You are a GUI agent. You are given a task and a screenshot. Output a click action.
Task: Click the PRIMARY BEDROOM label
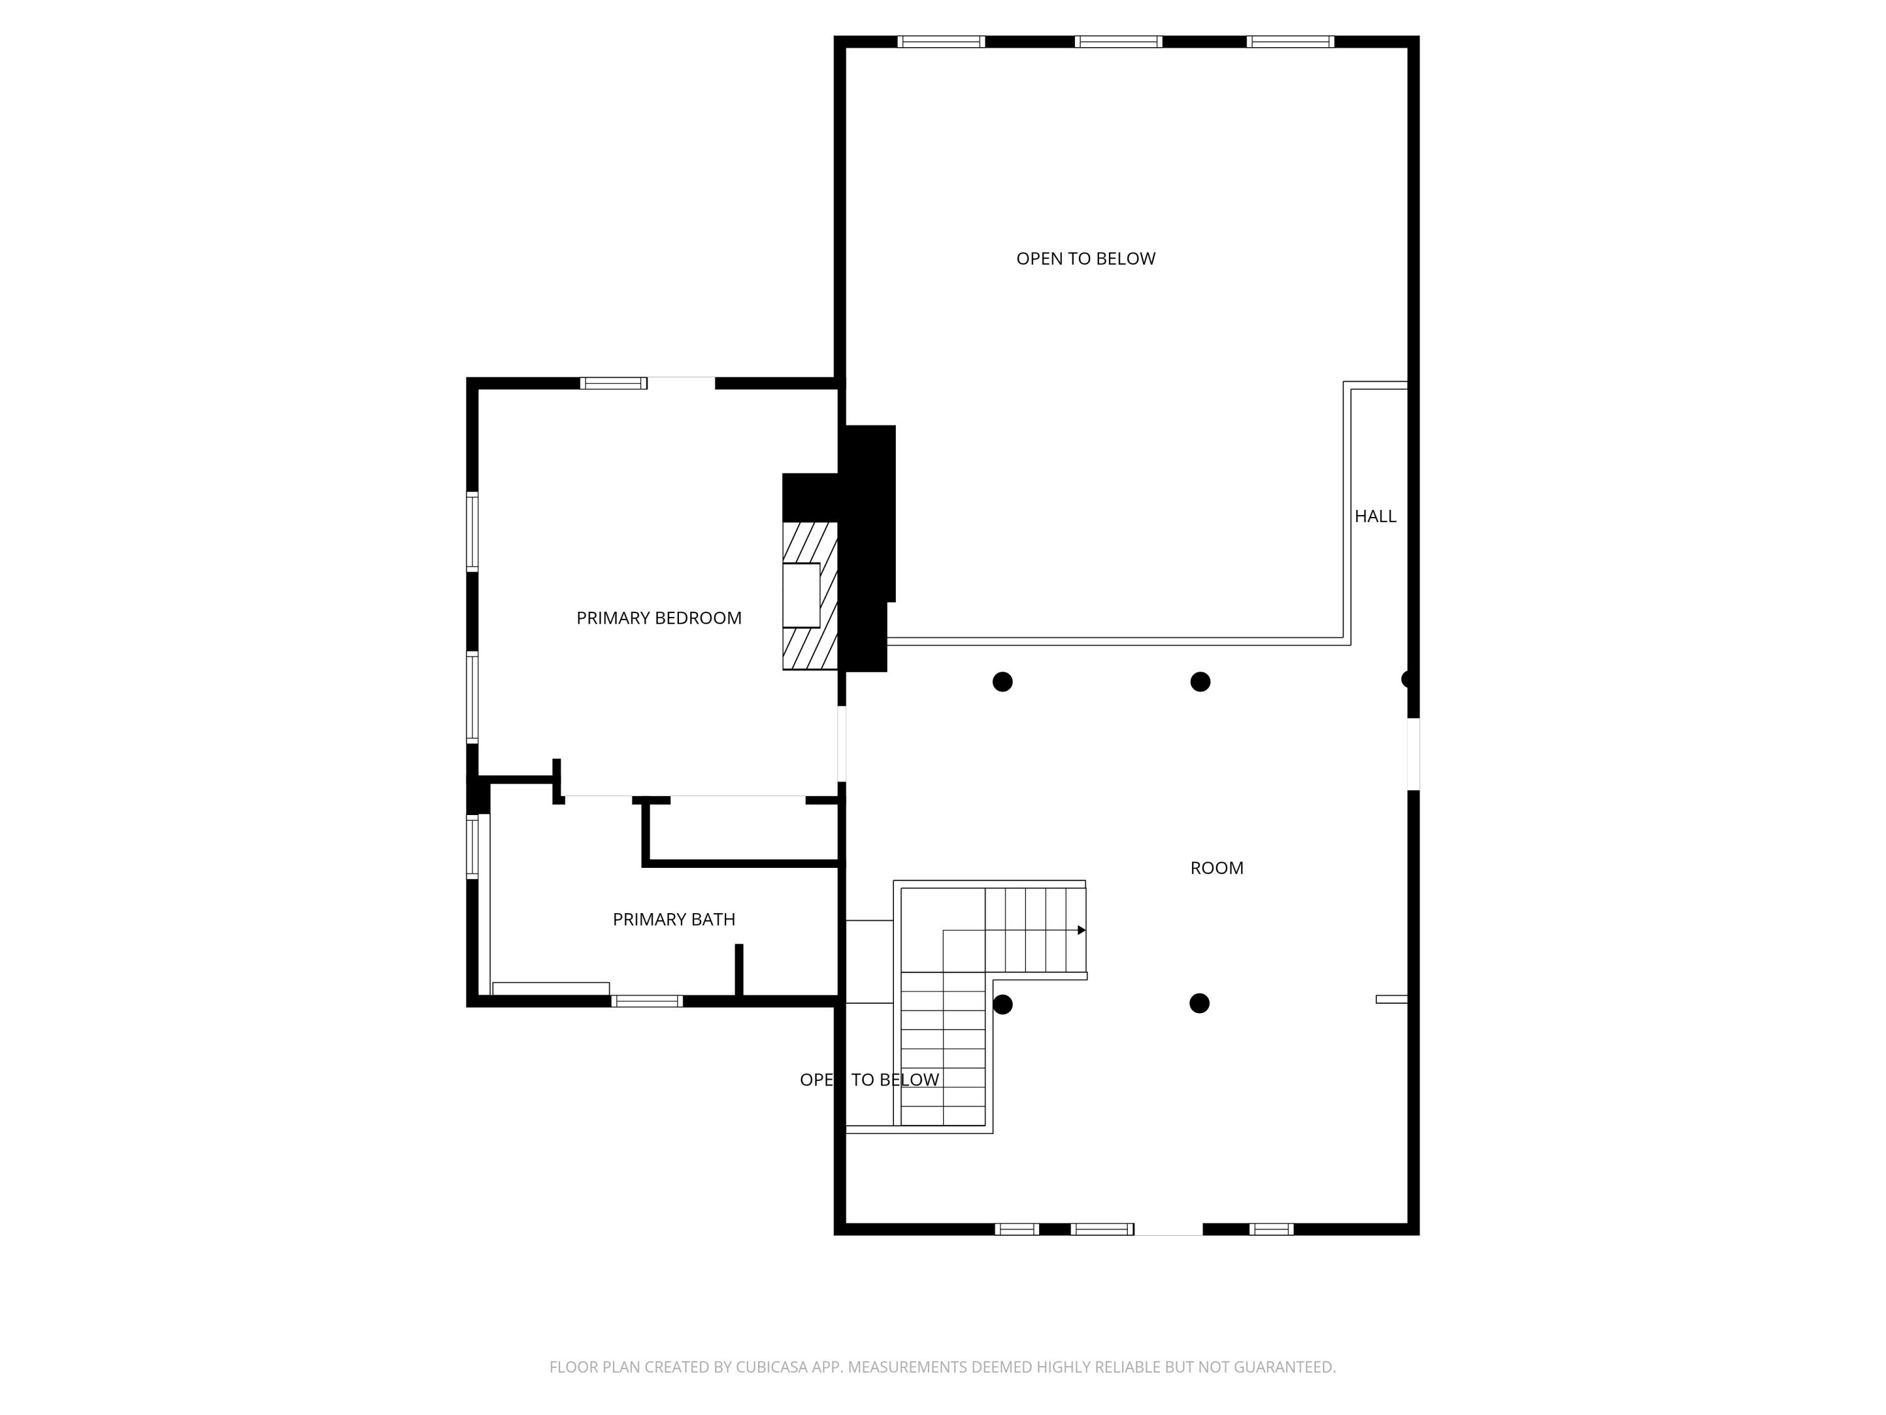tap(658, 618)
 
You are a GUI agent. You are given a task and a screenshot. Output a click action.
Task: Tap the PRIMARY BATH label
tap(673, 919)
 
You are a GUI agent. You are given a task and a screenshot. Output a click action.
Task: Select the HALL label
tap(1376, 516)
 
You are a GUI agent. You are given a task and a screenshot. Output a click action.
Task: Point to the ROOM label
tap(1216, 868)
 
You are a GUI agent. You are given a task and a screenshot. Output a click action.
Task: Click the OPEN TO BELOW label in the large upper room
tap(1085, 258)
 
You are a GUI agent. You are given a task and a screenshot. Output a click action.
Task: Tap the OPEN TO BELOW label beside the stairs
tap(869, 1080)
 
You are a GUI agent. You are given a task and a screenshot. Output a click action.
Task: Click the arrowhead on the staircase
tap(1081, 931)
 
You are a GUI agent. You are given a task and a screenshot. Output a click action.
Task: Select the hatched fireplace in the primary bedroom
tap(810, 596)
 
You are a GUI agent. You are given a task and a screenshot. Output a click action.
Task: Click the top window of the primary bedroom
tap(613, 383)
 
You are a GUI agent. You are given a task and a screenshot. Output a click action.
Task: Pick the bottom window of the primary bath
tap(647, 1001)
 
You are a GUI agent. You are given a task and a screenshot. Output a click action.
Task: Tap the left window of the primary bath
tap(472, 847)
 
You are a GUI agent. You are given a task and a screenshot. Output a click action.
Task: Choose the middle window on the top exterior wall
tap(1118, 42)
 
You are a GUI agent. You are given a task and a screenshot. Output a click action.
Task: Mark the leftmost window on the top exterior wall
tap(940, 42)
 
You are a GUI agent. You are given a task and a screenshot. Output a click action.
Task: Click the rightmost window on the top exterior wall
tap(1290, 42)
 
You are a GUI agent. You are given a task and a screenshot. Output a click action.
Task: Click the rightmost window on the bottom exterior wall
tap(1271, 1229)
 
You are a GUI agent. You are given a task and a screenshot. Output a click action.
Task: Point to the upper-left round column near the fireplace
tap(1003, 682)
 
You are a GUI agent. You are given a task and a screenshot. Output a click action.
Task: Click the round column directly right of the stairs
tap(1003, 1004)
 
